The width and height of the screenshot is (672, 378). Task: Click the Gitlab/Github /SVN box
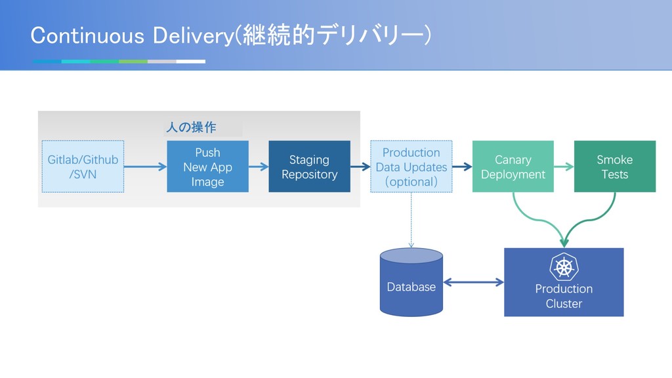click(83, 166)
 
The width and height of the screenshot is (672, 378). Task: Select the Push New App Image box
click(207, 166)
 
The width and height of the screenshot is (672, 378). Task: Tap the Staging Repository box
click(310, 166)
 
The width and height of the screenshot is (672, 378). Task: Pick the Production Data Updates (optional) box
click(411, 166)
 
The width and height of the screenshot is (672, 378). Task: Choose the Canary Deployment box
click(513, 166)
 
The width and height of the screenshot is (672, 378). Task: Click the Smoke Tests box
click(615, 166)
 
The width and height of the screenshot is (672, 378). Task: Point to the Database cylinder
click(411, 282)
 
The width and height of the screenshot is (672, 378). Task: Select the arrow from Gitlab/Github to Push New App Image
click(145, 166)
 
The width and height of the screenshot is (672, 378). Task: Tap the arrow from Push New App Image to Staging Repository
click(259, 166)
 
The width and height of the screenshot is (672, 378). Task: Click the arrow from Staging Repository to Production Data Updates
click(360, 166)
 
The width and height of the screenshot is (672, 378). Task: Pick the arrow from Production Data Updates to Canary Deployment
click(462, 166)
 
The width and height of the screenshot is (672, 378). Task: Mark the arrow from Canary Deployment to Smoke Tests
click(564, 166)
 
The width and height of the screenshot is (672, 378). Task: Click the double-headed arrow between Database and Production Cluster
click(473, 282)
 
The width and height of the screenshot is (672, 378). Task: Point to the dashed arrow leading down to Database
click(411, 220)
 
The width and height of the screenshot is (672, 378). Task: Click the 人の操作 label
click(191, 127)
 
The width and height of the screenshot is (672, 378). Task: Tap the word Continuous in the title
click(87, 35)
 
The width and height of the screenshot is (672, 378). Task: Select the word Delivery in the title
click(193, 36)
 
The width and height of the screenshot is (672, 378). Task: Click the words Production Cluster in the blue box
click(564, 296)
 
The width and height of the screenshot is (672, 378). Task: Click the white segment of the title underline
click(191, 62)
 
